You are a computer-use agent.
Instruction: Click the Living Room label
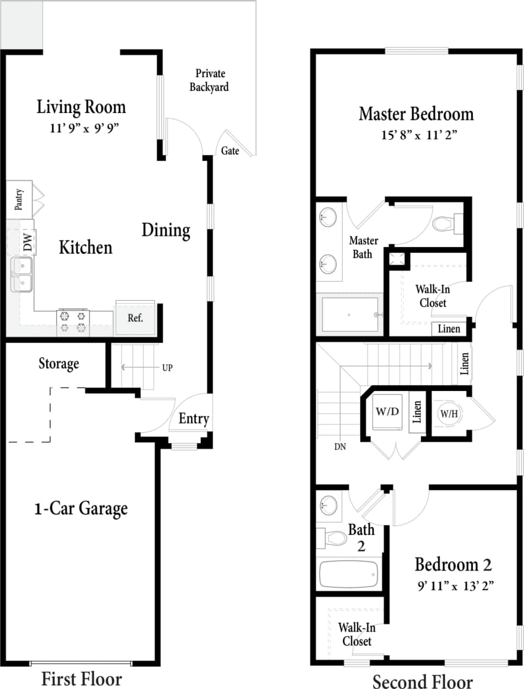click(81, 107)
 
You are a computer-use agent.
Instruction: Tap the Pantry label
click(19, 199)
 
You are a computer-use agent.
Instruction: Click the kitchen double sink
click(22, 274)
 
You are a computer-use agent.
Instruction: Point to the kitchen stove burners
click(73, 321)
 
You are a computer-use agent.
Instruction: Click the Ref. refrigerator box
click(135, 318)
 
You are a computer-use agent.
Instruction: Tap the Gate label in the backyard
click(230, 151)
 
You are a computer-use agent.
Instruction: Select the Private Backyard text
click(209, 80)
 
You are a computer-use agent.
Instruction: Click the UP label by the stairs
click(167, 368)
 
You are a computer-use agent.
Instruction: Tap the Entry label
click(194, 419)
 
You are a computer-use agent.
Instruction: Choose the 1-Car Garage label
click(81, 509)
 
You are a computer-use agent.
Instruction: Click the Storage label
click(59, 363)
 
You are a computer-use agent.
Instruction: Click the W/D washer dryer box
click(387, 412)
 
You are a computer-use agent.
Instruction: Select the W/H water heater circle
click(449, 414)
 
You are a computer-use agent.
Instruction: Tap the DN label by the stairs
click(340, 447)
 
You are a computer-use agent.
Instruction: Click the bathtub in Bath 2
click(348, 574)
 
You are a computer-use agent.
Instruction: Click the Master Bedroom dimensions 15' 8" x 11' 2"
click(419, 135)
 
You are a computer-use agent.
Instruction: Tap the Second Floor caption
click(422, 681)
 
